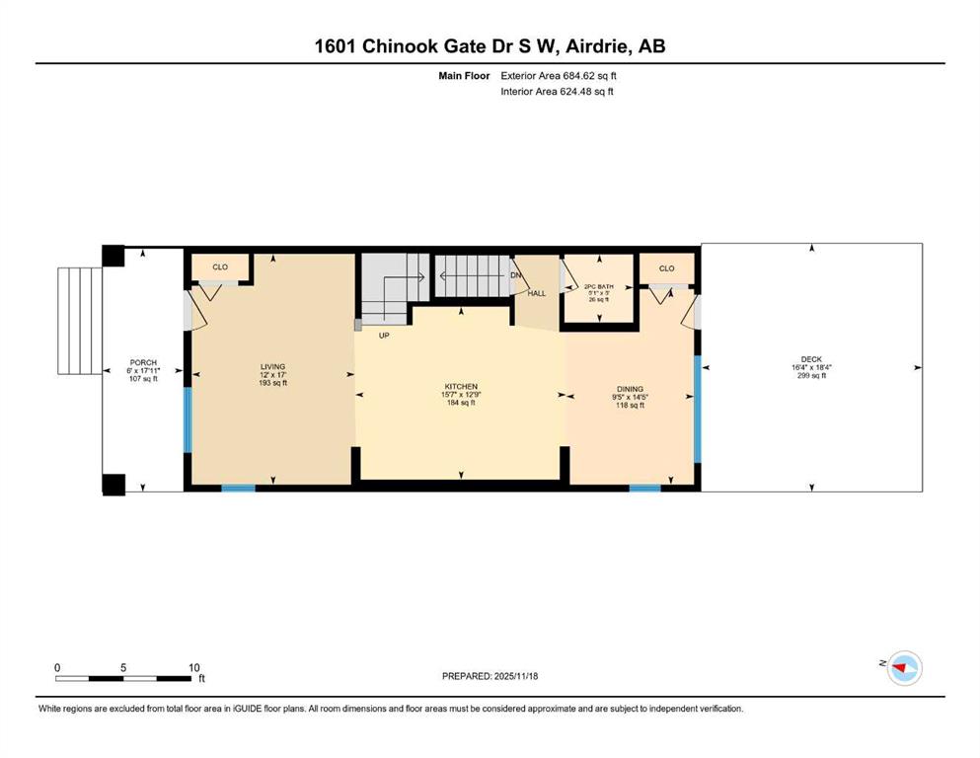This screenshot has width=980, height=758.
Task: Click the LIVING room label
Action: pos(273,367)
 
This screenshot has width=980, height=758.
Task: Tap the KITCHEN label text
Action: pos(461,387)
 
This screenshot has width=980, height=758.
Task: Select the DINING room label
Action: pos(629,389)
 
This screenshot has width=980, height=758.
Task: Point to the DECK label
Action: pos(811,359)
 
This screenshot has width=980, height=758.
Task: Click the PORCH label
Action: pos(143,362)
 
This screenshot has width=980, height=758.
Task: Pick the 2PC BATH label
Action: pos(599,287)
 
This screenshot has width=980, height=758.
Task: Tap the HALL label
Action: pos(536,293)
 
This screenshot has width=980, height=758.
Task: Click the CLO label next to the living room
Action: pos(220,266)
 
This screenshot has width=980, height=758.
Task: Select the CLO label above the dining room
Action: pos(667,268)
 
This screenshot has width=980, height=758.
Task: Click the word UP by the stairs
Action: pos(384,336)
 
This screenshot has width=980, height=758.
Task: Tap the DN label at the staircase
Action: pos(515,275)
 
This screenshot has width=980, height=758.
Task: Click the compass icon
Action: pos(904,668)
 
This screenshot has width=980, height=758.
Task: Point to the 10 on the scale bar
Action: pos(193,667)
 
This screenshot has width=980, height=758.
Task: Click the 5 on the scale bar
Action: pos(123,667)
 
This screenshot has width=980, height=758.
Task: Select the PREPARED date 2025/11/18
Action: pos(515,676)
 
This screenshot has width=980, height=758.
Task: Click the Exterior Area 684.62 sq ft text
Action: pos(559,76)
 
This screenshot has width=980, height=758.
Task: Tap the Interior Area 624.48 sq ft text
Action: pos(557,91)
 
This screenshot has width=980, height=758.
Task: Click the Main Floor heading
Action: pos(464,76)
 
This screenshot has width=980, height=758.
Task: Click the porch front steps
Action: pos(80,321)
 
